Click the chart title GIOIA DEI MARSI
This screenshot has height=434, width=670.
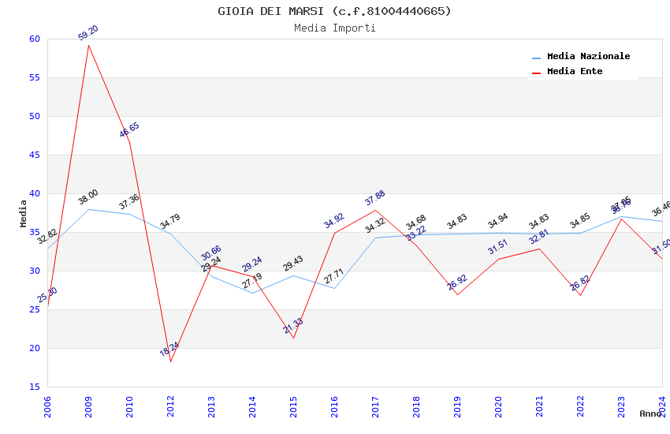pos(334,11)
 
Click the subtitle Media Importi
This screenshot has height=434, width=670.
pos(334,28)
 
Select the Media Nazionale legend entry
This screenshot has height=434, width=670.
pos(588,56)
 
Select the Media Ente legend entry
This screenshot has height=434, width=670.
pos(575,71)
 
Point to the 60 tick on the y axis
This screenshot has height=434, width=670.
pos(33,39)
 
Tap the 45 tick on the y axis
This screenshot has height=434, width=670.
pos(33,155)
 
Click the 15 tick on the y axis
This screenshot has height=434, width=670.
pos(33,387)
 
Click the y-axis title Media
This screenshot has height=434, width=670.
pos(24,213)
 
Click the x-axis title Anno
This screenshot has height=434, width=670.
pos(650,413)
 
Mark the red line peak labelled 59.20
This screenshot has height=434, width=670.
pos(88,45)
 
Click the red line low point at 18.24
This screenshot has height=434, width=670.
pos(170,361)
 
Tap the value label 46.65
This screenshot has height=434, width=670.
pos(129,130)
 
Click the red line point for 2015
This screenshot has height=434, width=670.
pos(293,338)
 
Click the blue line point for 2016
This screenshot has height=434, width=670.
pos(334,288)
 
